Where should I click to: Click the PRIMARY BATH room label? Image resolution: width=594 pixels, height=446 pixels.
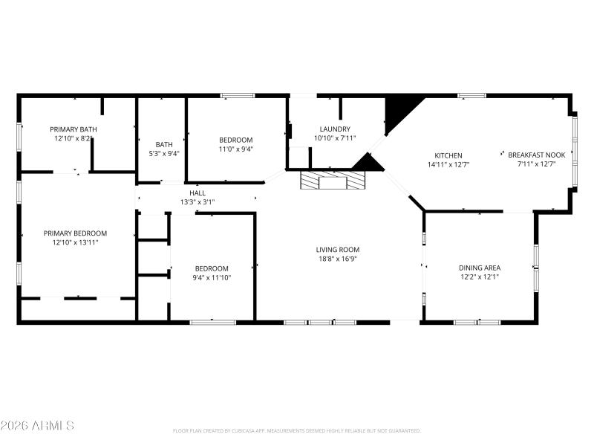73,129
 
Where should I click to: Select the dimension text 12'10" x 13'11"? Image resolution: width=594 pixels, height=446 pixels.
75,242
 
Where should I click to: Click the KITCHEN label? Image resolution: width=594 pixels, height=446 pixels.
448,155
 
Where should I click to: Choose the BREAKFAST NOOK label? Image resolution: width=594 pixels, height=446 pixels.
536,155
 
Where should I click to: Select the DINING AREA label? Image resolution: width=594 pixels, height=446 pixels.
479,268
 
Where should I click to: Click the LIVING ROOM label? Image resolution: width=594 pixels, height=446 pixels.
338,250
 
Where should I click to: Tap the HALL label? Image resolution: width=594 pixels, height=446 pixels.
198,193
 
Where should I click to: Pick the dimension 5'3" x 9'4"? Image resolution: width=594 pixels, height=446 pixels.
164,154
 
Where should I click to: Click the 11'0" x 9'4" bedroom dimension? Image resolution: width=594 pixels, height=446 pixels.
235,149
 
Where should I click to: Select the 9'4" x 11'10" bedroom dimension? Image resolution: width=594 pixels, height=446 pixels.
212,277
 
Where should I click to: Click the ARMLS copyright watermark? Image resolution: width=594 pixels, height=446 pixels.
37,426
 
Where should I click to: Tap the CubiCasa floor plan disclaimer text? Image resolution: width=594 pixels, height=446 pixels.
296,430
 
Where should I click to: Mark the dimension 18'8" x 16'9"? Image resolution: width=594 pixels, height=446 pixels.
338,259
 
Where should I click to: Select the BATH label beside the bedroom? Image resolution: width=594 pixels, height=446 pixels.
164,145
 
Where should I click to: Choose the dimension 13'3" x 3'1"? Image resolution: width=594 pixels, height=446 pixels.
198,201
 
